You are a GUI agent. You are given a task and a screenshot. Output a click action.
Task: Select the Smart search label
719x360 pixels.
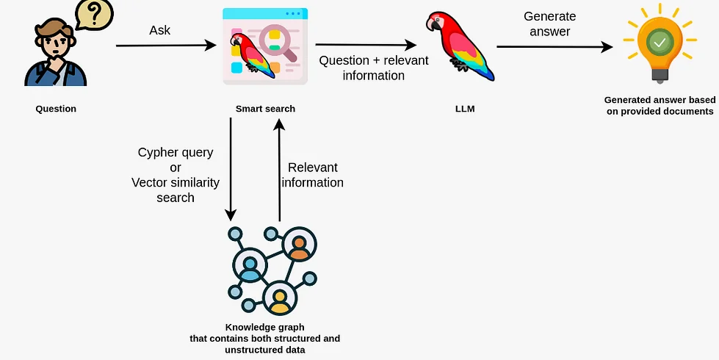265,109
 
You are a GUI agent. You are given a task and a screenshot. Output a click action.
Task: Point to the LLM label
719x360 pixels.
466,109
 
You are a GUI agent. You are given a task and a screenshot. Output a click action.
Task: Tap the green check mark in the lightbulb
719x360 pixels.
660,43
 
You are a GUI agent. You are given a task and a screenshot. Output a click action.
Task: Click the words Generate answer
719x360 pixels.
549,24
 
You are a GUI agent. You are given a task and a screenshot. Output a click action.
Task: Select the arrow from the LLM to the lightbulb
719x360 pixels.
554,47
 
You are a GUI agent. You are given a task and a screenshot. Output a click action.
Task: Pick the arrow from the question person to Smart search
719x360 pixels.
166,46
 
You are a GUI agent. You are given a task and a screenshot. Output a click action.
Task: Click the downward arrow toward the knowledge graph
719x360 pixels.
231,168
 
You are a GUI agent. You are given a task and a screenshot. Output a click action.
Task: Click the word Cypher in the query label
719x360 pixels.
157,153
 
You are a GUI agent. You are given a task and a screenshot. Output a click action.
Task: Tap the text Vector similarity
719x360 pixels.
176,182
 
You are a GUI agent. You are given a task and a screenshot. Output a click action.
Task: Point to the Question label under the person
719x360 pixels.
56,109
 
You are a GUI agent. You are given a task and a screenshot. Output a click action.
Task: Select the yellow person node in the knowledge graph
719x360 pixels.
279,298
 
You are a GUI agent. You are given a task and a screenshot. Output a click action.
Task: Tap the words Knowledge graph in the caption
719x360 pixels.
265,326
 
